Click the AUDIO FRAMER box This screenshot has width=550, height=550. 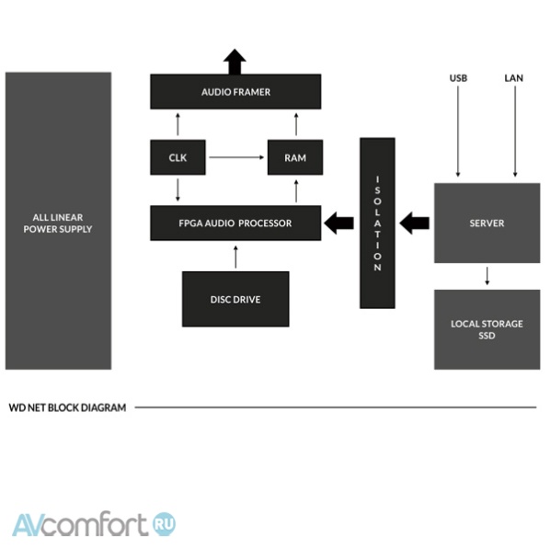[x=235, y=92]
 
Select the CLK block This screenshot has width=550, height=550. [x=178, y=157]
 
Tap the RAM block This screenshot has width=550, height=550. [x=295, y=157]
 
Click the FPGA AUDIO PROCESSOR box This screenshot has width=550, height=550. [x=235, y=223]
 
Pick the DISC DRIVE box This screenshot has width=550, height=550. [x=235, y=299]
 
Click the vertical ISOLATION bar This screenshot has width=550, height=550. [x=377, y=223]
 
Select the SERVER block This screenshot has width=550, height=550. [x=487, y=223]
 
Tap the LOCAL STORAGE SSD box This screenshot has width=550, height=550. [x=487, y=329]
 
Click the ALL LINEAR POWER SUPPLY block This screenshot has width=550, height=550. [x=58, y=221]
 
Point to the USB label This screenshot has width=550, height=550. [x=458, y=78]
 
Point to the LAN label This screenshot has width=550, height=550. [x=513, y=78]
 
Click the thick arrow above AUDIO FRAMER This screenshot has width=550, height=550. [x=235, y=62]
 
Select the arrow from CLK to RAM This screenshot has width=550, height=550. [x=236, y=157]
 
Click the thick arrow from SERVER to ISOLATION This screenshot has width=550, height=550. [x=414, y=223]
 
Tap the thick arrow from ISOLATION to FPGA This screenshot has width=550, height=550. [x=338, y=223]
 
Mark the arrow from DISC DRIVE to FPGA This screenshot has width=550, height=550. [x=235, y=258]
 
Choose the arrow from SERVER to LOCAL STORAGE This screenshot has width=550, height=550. [x=487, y=276]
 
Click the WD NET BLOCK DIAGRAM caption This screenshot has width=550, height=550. [x=67, y=407]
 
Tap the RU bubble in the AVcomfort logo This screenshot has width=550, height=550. [x=164, y=524]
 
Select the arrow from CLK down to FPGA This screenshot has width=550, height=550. [x=178, y=189]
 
